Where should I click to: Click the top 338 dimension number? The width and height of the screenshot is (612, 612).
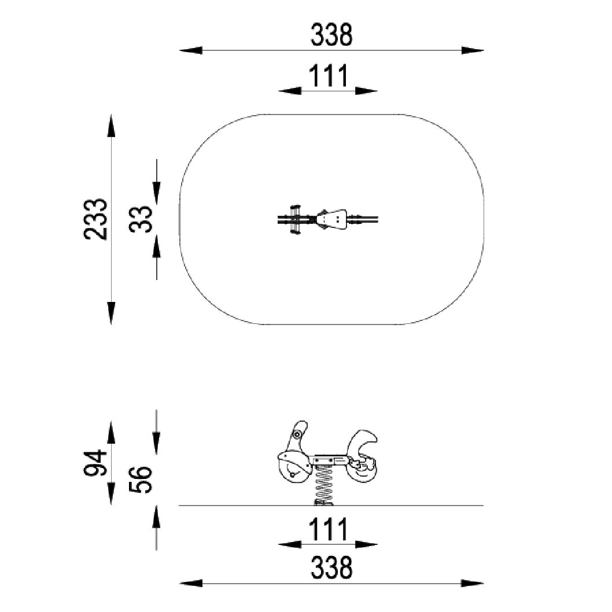pyautogui.click(x=331, y=34)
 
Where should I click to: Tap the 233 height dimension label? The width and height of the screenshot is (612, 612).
pyautogui.click(x=95, y=219)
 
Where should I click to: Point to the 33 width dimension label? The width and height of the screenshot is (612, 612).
pyautogui.click(x=141, y=219)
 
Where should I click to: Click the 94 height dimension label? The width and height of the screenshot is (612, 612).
pyautogui.click(x=95, y=463)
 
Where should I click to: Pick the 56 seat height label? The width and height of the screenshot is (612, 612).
pyautogui.click(x=141, y=480)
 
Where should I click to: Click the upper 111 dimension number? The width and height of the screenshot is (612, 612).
pyautogui.click(x=328, y=76)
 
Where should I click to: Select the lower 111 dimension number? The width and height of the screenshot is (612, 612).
pyautogui.click(x=328, y=530)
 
